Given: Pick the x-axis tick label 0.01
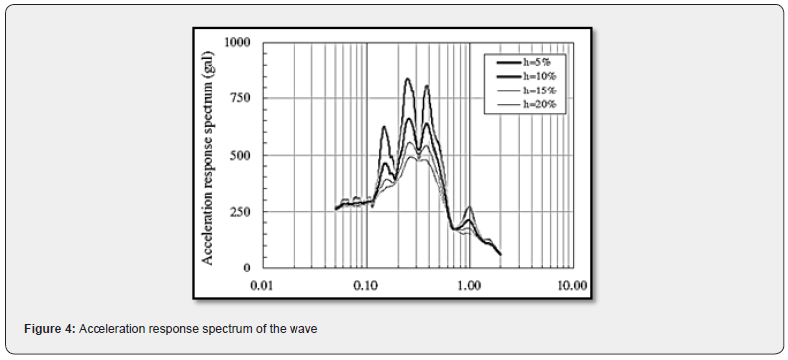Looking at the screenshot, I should (x=262, y=285).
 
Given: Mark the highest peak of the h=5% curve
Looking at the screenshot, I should (x=408, y=79).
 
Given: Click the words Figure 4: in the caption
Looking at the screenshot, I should (x=51, y=329).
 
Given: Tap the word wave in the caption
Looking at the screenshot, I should (x=303, y=329).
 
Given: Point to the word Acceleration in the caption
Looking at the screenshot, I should (x=113, y=329).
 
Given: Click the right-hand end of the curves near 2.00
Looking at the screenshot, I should (x=499, y=253).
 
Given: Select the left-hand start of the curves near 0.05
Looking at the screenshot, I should (x=336, y=209).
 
